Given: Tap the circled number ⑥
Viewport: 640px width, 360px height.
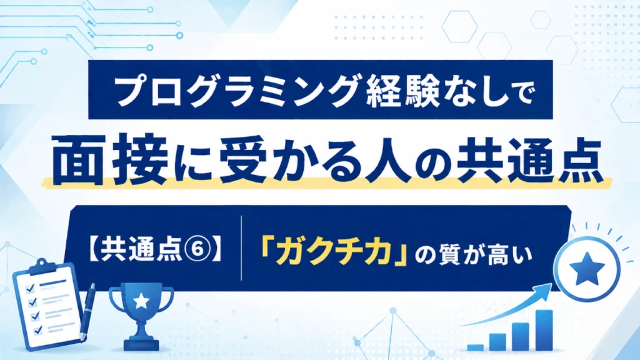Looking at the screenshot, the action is pos(197,248).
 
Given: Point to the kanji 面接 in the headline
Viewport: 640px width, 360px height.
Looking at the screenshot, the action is pos(110,161).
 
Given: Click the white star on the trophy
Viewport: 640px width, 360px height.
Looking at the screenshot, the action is pos(141,301).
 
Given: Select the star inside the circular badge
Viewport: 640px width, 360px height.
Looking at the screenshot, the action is pos(586,269).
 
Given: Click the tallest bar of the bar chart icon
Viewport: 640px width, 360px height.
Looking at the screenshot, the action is pos(544,330).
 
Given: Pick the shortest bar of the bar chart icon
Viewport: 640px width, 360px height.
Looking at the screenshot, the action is pos(475,347).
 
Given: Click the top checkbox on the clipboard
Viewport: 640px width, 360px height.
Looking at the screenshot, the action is pos(30,289).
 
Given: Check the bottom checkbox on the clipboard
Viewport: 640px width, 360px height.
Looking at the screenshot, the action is pos(38,330).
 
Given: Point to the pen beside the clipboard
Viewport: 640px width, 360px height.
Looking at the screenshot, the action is pos(88,312).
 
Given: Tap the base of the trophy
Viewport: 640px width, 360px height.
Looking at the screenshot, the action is pos(141,344).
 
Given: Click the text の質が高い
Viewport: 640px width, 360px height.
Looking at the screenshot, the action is pos(474,257).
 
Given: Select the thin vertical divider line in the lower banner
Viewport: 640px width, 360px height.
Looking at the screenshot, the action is pos(242,248).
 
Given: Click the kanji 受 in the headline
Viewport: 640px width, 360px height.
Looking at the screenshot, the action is pos(242,161).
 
